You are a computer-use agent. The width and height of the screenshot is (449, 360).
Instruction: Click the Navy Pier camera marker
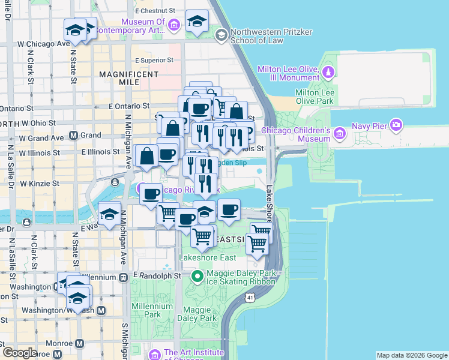[x=396, y=125]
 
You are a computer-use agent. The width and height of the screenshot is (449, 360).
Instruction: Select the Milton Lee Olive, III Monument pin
[x=328, y=73]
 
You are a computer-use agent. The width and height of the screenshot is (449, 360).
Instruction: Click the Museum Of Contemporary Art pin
[x=174, y=25]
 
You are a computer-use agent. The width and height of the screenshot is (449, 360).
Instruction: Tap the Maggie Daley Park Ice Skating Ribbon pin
[x=197, y=277]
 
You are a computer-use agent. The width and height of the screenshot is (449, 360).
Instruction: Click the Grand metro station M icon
[x=73, y=135]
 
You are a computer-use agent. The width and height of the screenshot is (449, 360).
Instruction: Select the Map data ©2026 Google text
[x=411, y=355]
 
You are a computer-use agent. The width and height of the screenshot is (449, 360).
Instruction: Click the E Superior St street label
[x=154, y=60]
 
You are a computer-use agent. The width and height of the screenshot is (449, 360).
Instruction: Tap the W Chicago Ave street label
[x=44, y=44]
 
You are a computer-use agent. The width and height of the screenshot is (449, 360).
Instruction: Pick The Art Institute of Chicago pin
[x=155, y=354]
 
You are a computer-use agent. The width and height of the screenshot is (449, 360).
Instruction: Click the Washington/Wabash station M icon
[x=101, y=310]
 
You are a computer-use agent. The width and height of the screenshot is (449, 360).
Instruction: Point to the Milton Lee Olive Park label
[x=314, y=97]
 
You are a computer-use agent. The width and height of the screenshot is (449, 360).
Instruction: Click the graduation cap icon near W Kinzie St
[x=109, y=215]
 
